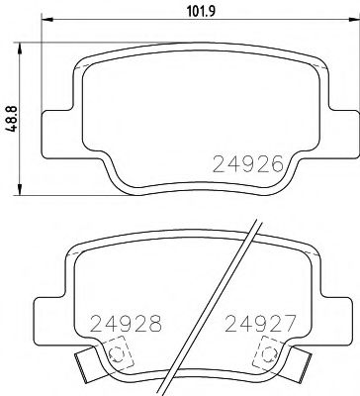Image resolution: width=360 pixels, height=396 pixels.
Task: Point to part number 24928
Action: (124, 323)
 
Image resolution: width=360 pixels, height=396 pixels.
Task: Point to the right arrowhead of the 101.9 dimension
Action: (339, 27)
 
